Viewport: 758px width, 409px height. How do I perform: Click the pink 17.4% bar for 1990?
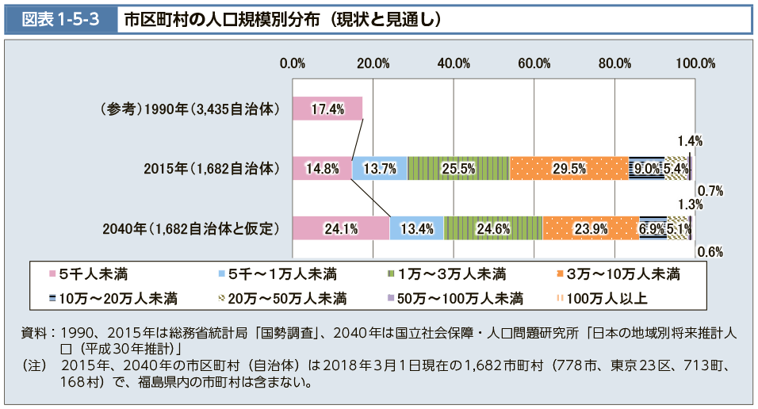click(327, 109)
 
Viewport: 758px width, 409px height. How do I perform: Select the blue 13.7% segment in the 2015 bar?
click(379, 168)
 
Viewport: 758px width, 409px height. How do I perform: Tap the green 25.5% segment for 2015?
click(457, 168)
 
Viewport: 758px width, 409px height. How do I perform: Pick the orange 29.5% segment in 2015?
click(568, 168)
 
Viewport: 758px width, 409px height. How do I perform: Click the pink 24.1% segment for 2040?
click(341, 228)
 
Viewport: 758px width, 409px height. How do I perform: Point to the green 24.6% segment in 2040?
click(492, 228)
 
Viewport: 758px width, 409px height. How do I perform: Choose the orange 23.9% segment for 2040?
click(590, 228)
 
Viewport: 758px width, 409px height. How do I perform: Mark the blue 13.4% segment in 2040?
click(417, 228)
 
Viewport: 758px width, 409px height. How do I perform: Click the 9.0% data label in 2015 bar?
click(645, 168)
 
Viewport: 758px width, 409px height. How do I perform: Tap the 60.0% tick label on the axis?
click(534, 63)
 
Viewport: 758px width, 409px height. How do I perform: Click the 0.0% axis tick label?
click(293, 63)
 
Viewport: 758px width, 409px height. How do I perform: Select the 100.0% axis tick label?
click(695, 63)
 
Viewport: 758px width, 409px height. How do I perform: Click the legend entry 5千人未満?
click(87, 275)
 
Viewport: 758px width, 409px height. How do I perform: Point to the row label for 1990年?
click(189, 109)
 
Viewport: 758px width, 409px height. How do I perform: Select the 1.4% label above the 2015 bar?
click(691, 141)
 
